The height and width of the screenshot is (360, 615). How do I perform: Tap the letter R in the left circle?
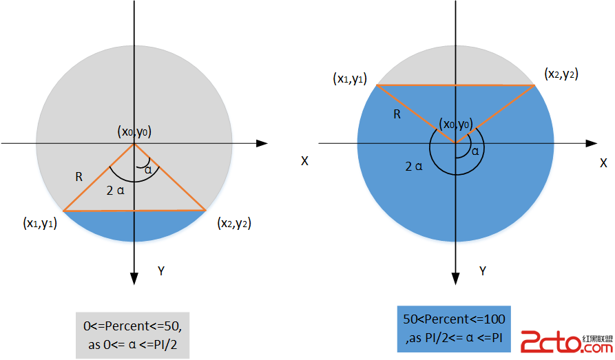pos(79,177)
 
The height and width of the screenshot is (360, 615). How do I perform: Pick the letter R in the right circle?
pos(397,114)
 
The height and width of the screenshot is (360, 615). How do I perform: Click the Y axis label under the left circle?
pos(160,271)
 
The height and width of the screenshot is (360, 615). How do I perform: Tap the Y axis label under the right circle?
pos(483,271)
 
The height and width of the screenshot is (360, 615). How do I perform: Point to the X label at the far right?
pos(603,162)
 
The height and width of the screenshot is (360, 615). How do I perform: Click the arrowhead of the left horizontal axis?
pos(262,143)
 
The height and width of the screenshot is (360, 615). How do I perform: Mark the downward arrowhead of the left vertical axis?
pos(134,277)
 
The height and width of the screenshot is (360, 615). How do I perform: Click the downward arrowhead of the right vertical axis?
pos(455,278)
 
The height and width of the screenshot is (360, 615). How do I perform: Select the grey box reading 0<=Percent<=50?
pos(132,334)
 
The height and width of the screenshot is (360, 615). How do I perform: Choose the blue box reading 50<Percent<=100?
pos(454,328)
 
